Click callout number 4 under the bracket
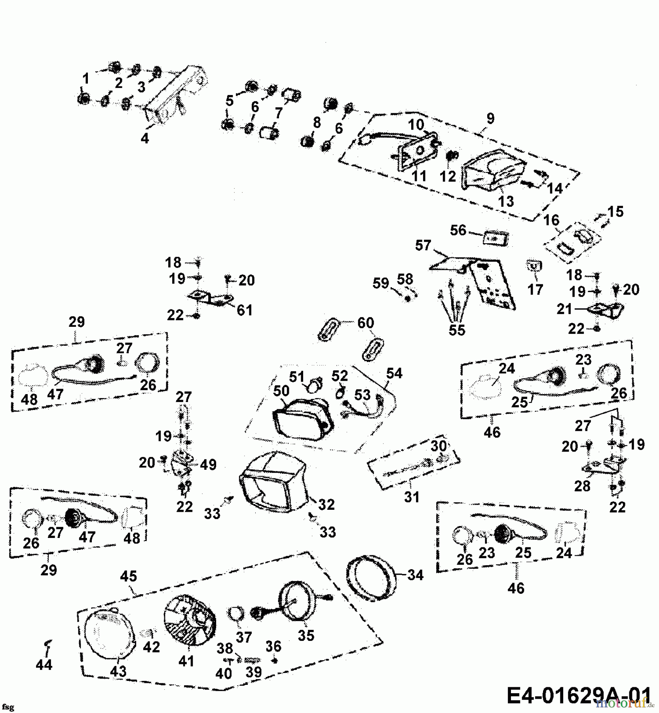pos(145,138)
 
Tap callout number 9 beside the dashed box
pos(490,118)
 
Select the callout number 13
pos(505,201)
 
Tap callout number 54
pos(394,373)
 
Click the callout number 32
pos(326,504)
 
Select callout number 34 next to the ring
pos(415,575)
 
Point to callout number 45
pos(129,576)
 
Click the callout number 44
pos(44,664)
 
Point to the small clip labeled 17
pos(534,265)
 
